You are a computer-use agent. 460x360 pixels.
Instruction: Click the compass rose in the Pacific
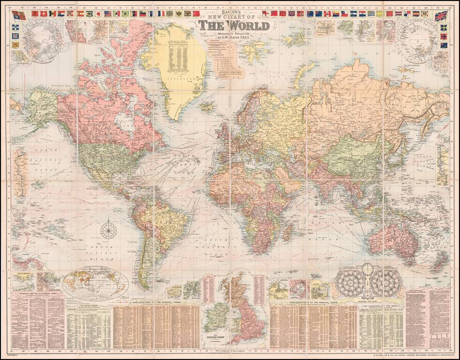[x=108, y=230]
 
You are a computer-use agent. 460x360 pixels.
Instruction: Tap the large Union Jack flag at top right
[x=441, y=16]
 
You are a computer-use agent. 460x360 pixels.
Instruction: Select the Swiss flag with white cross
[x=43, y=14]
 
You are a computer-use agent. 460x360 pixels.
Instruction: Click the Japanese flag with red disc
[x=99, y=14]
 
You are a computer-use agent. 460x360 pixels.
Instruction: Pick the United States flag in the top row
[x=108, y=14]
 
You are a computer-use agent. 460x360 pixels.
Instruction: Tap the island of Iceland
[x=207, y=106]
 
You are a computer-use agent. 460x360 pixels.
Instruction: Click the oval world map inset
[x=96, y=283]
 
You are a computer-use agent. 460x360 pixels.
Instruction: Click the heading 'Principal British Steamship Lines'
[x=38, y=294]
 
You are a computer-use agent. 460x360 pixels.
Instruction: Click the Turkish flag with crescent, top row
[x=196, y=14]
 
